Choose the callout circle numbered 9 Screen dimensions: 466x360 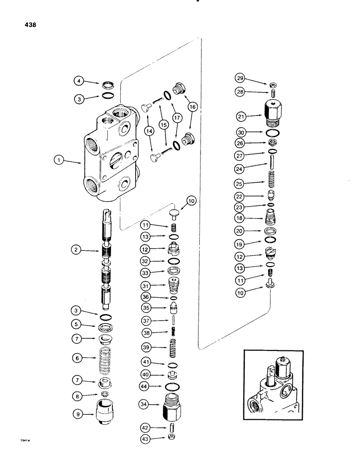tap(77, 412)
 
